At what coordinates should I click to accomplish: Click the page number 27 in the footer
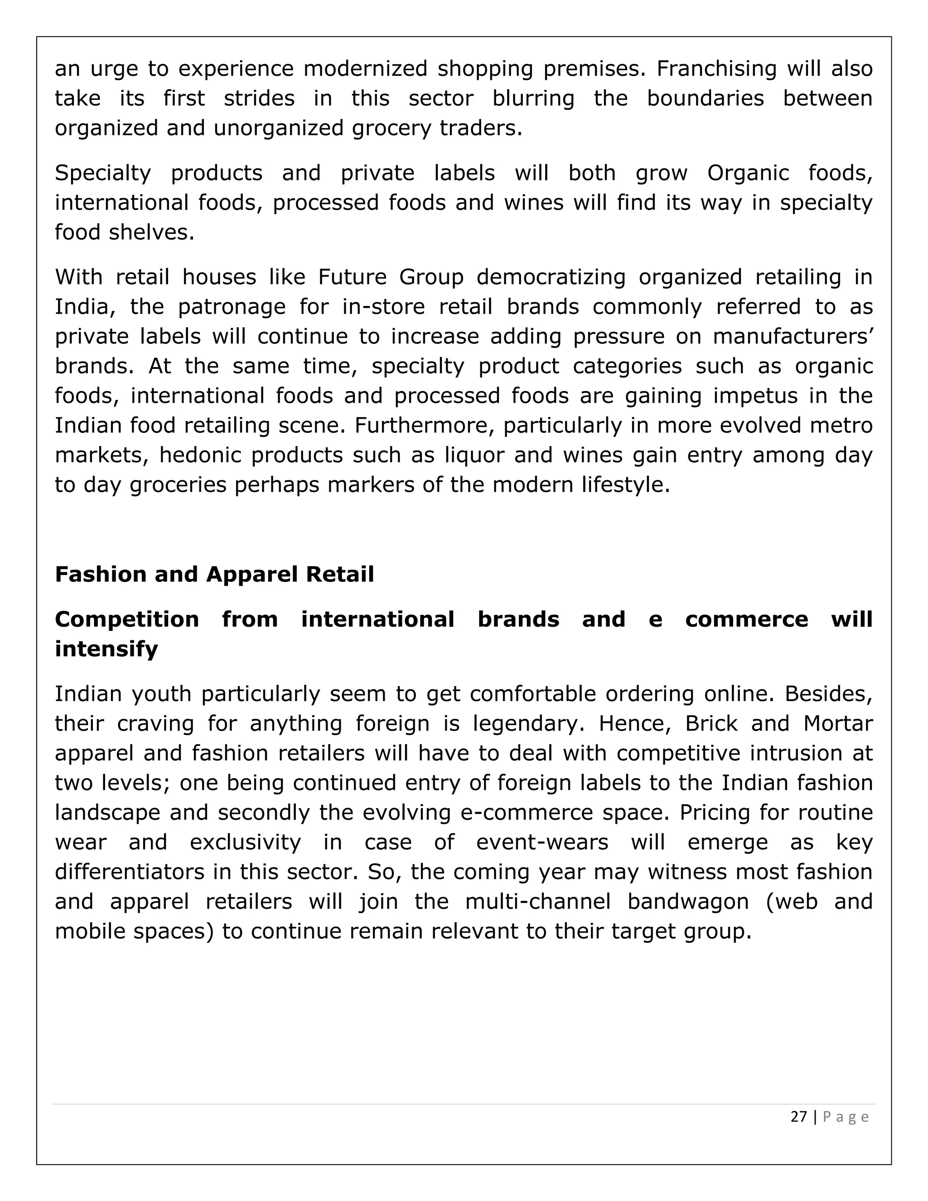click(798, 1117)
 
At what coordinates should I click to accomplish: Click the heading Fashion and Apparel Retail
click(214, 574)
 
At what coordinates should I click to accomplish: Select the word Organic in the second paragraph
click(748, 173)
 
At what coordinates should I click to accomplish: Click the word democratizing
click(551, 276)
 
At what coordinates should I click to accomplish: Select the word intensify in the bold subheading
click(106, 649)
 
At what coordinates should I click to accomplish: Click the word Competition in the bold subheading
click(127, 619)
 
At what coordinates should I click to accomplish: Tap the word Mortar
click(838, 723)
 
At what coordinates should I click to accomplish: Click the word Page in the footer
click(846, 1117)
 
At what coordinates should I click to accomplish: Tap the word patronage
click(232, 307)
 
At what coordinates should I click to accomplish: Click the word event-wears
click(542, 843)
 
